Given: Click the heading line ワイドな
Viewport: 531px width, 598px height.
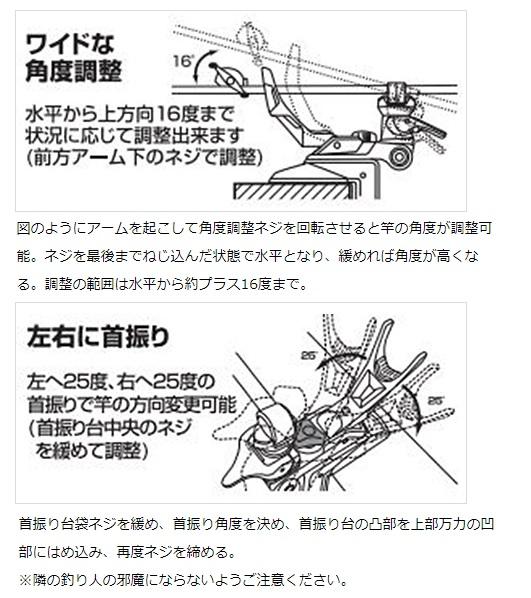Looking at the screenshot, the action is [x=70, y=44].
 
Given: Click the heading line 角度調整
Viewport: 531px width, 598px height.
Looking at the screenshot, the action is [x=74, y=71].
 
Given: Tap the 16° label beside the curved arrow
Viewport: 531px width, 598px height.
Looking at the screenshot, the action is [x=183, y=61].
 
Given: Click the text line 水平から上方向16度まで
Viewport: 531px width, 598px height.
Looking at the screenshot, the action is [x=129, y=114].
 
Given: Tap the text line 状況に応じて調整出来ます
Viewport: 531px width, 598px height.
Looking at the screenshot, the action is [x=134, y=135].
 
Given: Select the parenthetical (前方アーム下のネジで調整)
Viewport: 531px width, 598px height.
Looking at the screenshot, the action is [x=145, y=157].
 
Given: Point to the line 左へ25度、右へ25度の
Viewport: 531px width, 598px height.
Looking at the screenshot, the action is [x=121, y=382].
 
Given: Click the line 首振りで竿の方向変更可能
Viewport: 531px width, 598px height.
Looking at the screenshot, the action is [x=132, y=405].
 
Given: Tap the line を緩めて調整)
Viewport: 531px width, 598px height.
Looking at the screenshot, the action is [x=92, y=450].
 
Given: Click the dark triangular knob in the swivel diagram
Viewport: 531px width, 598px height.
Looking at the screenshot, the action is [x=309, y=432].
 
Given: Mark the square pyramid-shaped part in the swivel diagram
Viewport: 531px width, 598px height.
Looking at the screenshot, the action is [x=367, y=389].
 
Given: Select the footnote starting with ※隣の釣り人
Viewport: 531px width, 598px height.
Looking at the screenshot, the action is [x=183, y=580].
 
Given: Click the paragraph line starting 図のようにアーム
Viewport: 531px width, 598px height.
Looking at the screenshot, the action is [x=254, y=228].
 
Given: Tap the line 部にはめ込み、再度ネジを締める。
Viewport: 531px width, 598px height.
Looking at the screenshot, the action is [x=127, y=552].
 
